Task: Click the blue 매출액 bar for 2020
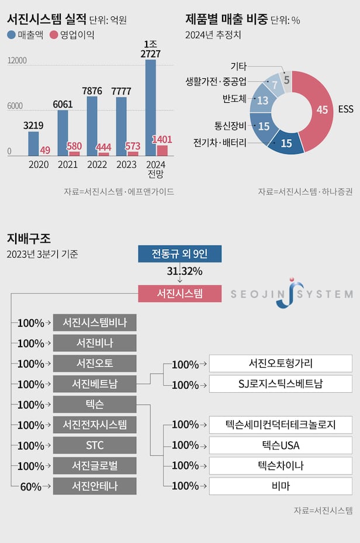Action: click(33, 144)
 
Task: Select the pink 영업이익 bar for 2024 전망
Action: click(162, 151)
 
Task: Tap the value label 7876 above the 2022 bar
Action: click(92, 91)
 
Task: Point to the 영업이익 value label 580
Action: click(74, 146)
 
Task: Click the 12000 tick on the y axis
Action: click(18, 61)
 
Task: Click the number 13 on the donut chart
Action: click(262, 101)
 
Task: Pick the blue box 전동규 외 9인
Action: click(179, 254)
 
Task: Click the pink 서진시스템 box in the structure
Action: click(179, 293)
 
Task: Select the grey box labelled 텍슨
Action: click(95, 404)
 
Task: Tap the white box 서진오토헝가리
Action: click(281, 364)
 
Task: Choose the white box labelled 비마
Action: click(281, 486)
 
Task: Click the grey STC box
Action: click(95, 445)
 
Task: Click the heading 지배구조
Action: click(29, 238)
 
